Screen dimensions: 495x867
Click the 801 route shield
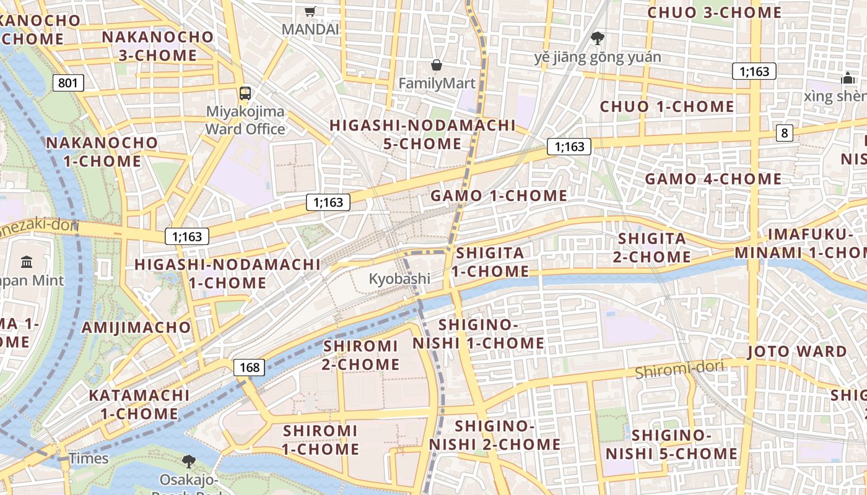point(68,82)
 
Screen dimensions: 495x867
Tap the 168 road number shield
point(250,368)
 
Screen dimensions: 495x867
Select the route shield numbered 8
point(785,132)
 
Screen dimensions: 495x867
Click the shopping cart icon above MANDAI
point(310,11)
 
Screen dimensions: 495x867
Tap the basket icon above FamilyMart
point(437,65)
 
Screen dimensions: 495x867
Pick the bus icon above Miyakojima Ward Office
point(245,93)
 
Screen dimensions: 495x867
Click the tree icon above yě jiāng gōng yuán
point(598,38)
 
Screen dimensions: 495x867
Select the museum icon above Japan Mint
point(27,262)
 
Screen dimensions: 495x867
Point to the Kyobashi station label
point(399,278)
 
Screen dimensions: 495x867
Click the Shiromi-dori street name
point(679,369)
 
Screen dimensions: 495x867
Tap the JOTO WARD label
point(796,351)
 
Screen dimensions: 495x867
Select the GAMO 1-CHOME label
point(499,196)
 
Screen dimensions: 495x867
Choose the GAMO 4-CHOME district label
point(713,179)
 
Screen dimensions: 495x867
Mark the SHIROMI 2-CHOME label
point(361,355)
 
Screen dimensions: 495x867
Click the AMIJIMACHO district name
point(136,327)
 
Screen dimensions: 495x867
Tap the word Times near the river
point(89,458)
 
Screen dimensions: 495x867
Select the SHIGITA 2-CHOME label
point(652,247)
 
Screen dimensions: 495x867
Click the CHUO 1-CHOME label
point(667,106)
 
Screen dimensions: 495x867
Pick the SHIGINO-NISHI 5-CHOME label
point(671,444)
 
